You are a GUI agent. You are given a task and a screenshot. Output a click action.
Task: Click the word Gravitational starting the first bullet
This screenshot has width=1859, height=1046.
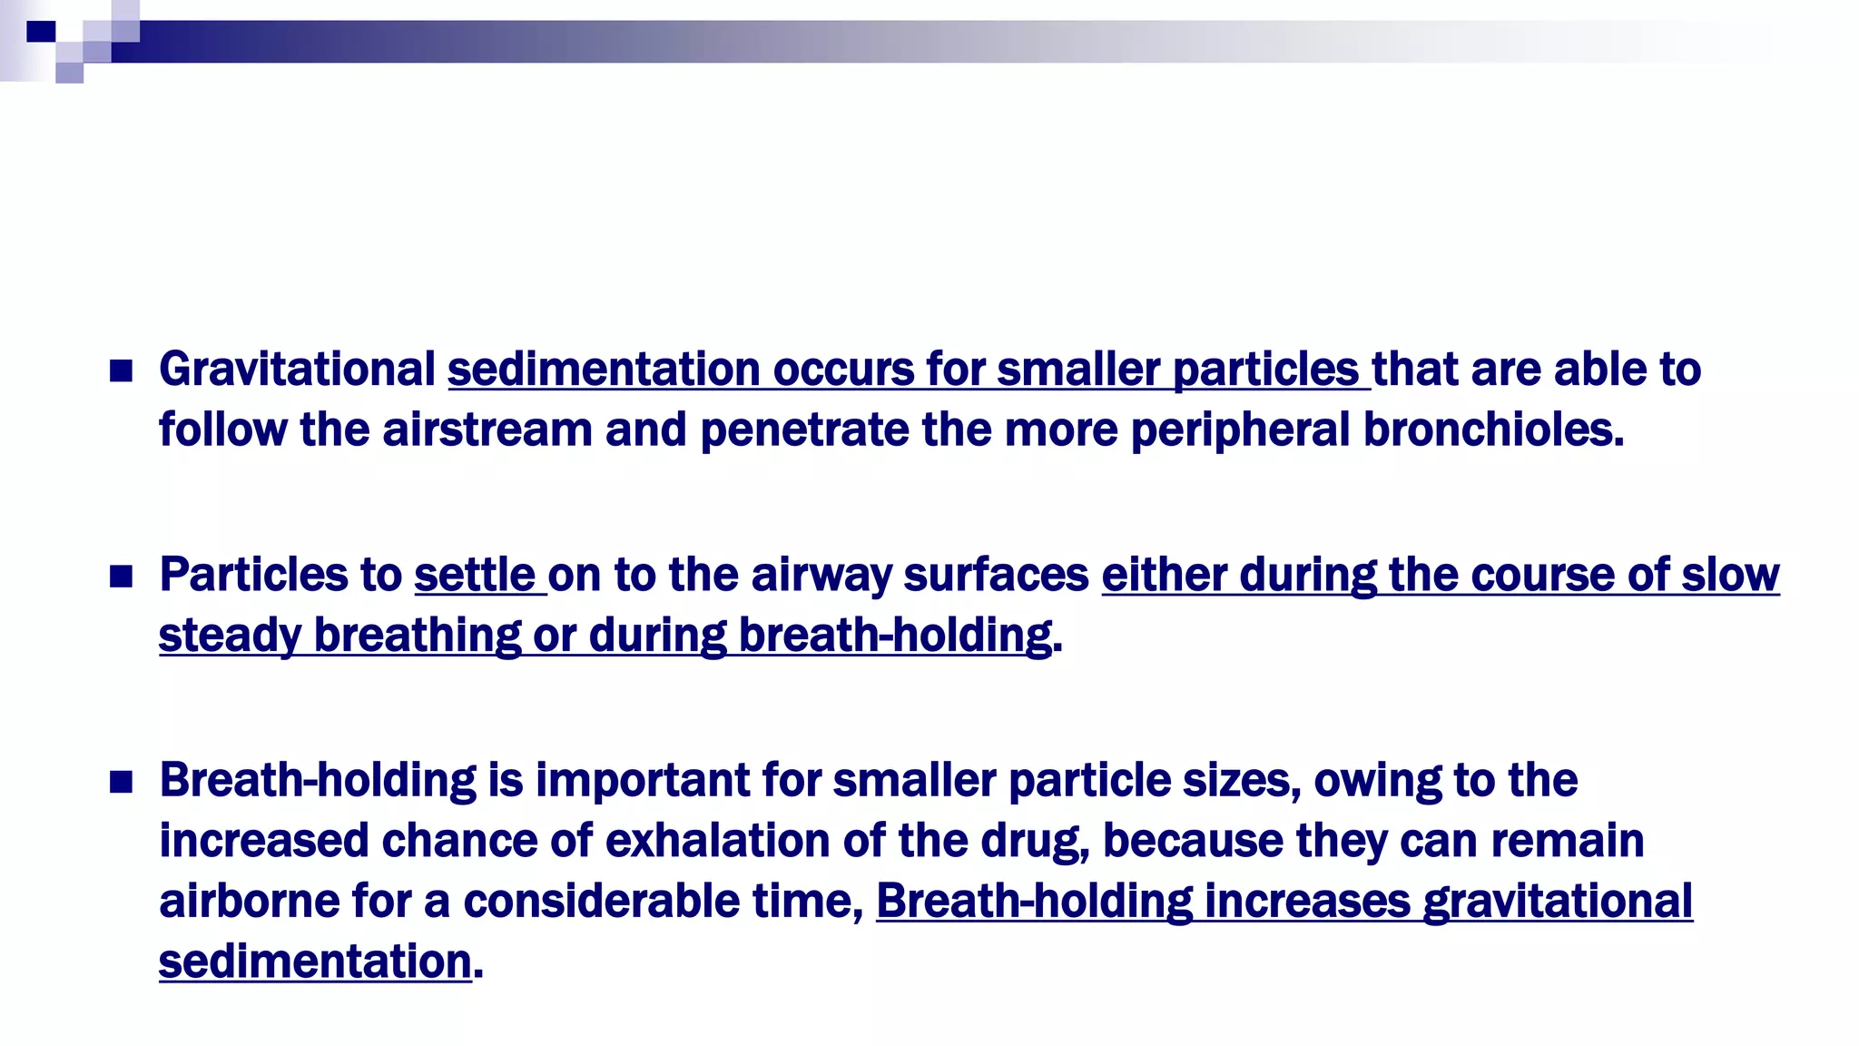pos(297,370)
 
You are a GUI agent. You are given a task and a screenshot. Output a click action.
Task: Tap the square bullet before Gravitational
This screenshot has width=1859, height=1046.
pos(121,370)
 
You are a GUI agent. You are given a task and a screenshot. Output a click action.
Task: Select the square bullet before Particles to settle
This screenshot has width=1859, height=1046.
pos(121,576)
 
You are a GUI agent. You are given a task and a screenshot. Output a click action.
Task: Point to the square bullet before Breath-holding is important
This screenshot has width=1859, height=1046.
pos(121,782)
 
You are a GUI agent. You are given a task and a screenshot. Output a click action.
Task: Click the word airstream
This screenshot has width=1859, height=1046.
pos(487,429)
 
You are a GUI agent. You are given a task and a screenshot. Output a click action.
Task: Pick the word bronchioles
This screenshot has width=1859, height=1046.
pos(1493,429)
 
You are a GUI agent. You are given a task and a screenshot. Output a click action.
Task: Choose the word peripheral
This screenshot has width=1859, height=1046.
pos(1240,429)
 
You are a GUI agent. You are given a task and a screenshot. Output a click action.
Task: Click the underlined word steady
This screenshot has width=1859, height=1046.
pos(230,636)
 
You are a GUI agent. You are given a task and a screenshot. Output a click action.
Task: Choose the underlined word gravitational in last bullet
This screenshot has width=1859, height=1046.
pos(1558,902)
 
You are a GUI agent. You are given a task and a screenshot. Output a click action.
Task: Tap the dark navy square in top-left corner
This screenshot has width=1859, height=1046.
pos(41,31)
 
